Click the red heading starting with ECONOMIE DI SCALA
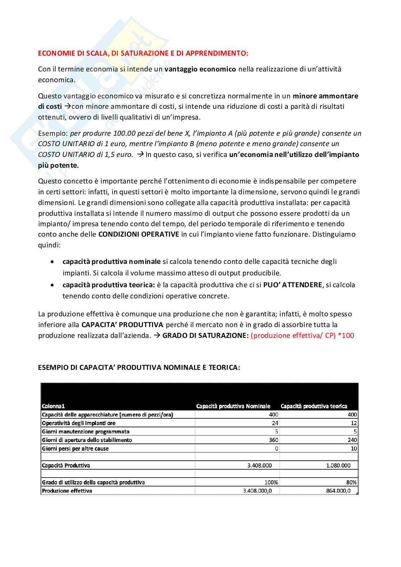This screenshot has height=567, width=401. pyautogui.click(x=143, y=53)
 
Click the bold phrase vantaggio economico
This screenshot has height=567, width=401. pyautogui.click(x=200, y=69)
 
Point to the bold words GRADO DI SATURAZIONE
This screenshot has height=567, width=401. pyautogui.click(x=205, y=335)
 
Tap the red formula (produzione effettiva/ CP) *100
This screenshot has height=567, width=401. pyautogui.click(x=302, y=335)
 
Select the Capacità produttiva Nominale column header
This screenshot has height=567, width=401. pyautogui.click(x=233, y=406)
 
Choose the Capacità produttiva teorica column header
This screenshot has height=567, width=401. pyautogui.click(x=314, y=406)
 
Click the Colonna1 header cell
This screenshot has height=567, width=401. pyautogui.click(x=53, y=406)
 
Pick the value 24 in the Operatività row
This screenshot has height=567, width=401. pyautogui.click(x=275, y=423)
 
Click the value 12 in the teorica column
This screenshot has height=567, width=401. pyautogui.click(x=354, y=423)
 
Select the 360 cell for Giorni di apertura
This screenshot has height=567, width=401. pyautogui.click(x=273, y=440)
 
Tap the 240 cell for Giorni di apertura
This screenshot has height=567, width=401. pyautogui.click(x=352, y=440)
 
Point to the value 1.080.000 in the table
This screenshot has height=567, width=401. pyautogui.click(x=338, y=465)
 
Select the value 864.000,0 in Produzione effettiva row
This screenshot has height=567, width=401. pyautogui.click(x=338, y=491)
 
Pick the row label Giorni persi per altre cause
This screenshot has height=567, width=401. pyautogui.click(x=75, y=449)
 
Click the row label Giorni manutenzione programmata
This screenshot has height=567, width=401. pyautogui.click(x=86, y=432)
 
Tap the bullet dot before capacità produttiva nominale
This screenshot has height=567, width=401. pyautogui.click(x=53, y=262)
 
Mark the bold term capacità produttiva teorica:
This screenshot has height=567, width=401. pyautogui.click(x=109, y=285)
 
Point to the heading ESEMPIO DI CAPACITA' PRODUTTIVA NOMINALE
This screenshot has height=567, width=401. pyautogui.click(x=139, y=367)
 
